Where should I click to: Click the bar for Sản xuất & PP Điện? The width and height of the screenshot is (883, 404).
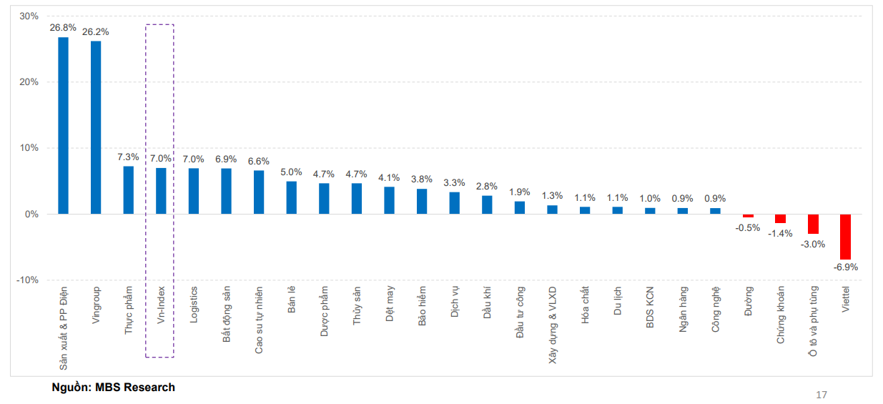(x=63, y=125)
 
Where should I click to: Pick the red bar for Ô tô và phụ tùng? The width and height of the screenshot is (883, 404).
(x=813, y=224)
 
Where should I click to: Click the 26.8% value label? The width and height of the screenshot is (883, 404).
(x=63, y=28)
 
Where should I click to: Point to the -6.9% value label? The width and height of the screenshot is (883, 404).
(x=845, y=267)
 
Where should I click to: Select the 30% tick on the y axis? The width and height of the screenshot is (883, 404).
(x=29, y=16)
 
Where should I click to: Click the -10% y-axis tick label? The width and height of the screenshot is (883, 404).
(x=27, y=280)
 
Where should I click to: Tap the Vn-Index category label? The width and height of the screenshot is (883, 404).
(x=161, y=306)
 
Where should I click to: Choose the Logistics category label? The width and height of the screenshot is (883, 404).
(x=194, y=305)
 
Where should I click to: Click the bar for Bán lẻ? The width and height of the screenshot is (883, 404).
(x=291, y=197)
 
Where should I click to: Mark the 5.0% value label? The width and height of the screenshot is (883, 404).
(x=291, y=172)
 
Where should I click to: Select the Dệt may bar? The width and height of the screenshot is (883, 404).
(x=389, y=200)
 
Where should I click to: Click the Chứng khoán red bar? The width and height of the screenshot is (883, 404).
(x=780, y=219)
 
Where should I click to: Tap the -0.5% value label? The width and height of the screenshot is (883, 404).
(x=748, y=227)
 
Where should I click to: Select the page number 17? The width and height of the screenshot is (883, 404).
(x=822, y=395)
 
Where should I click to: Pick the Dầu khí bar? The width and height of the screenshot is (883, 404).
(x=487, y=205)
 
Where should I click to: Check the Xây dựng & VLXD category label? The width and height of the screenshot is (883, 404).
(x=553, y=325)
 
